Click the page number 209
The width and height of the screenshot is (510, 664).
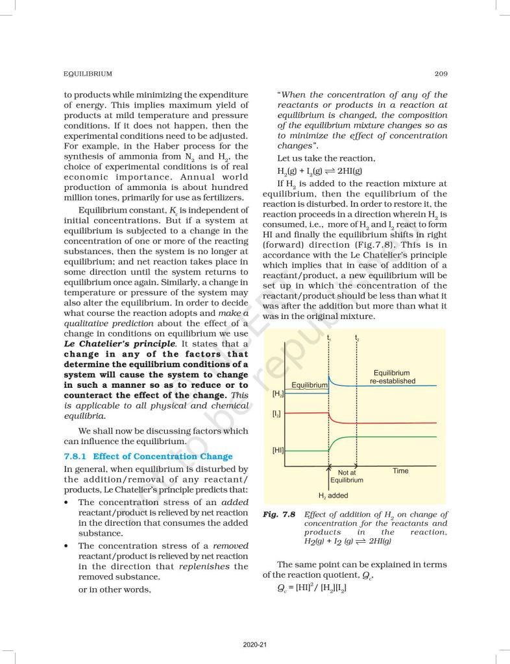click(439, 74)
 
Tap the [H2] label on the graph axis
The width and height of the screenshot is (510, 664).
click(277, 394)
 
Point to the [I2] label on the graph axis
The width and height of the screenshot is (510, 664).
click(277, 413)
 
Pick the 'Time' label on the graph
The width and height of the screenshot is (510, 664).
click(400, 471)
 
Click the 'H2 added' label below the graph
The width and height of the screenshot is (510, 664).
click(333, 495)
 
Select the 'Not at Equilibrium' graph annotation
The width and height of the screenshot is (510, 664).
click(346, 477)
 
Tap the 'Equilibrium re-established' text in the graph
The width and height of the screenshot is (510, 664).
click(392, 377)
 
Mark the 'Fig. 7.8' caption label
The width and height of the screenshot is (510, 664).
click(280, 514)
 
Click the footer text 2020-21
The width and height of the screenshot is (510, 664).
click(255, 645)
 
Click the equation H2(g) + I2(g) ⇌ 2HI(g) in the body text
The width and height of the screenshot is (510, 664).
click(319, 171)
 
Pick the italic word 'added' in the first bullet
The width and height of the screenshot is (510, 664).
click(235, 502)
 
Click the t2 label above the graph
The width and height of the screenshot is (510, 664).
click(356, 338)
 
